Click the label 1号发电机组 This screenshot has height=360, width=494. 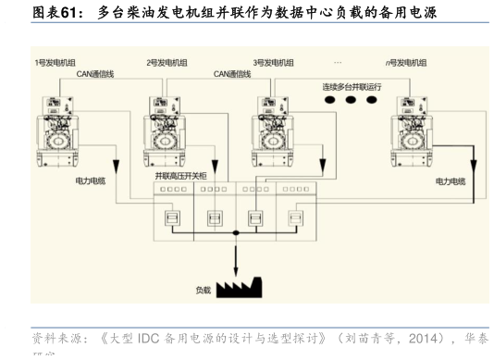pyautogui.click(x=56, y=62)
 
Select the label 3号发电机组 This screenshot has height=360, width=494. pyautogui.click(x=274, y=62)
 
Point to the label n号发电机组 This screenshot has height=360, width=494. pyautogui.click(x=406, y=62)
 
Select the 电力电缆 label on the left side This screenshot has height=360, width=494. pyautogui.click(x=91, y=180)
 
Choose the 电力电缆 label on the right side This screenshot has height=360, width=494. pyautogui.click(x=451, y=180)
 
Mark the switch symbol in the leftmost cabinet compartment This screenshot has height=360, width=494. pyautogui.click(x=171, y=218)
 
